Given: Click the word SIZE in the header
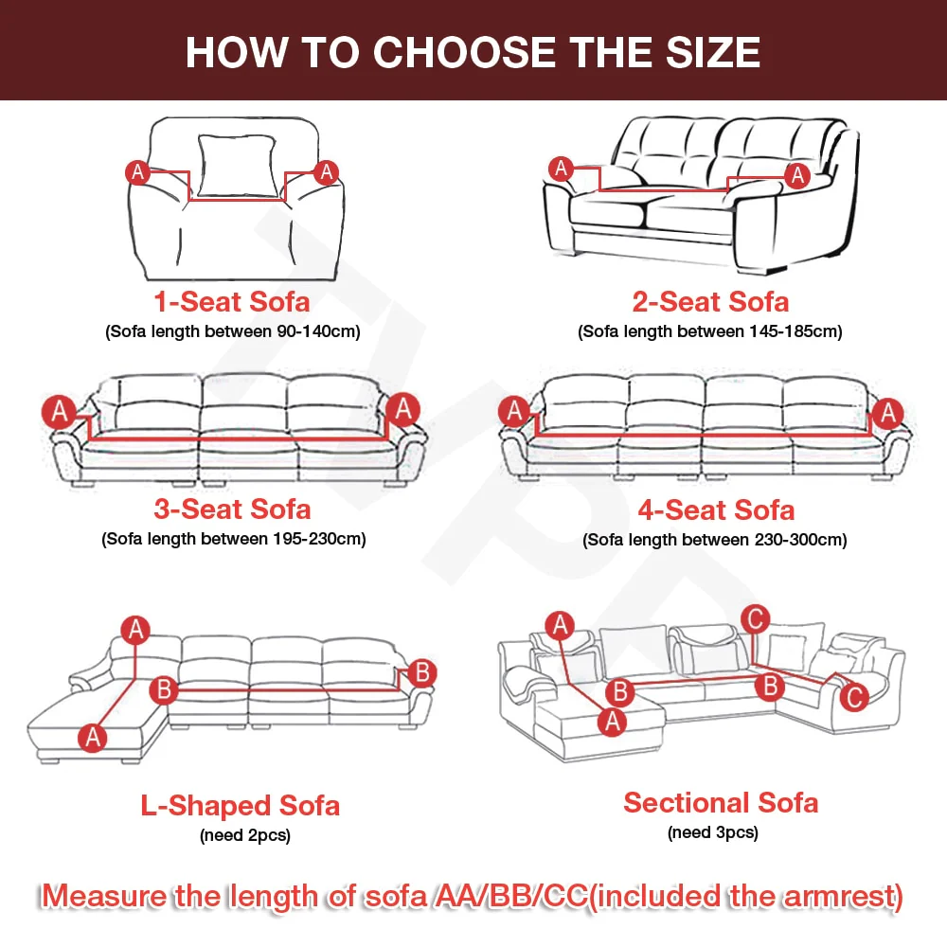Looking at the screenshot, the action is [713, 52].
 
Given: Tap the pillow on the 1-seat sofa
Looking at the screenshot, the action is [238, 166].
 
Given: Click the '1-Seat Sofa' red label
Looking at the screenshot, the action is [232, 301].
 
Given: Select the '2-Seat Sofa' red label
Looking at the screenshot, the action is [710, 301].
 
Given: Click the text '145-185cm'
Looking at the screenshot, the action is [793, 331].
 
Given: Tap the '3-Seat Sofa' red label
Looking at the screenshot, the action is [232, 509].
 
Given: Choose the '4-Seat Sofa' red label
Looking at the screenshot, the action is [716, 510].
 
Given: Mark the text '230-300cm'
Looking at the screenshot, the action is [797, 540].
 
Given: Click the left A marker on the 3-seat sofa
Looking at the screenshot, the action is [59, 412].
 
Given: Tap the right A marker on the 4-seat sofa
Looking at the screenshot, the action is [887, 413].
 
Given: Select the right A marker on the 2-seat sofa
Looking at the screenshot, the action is [797, 176].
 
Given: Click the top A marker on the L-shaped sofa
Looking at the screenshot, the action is [135, 630].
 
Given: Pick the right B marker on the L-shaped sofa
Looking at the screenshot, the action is [422, 672].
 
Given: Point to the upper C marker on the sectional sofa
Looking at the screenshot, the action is [755, 619].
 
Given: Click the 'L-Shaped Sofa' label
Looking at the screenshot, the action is [241, 806].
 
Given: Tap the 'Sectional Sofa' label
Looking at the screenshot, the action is [721, 803].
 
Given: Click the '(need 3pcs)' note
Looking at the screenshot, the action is [713, 832].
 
